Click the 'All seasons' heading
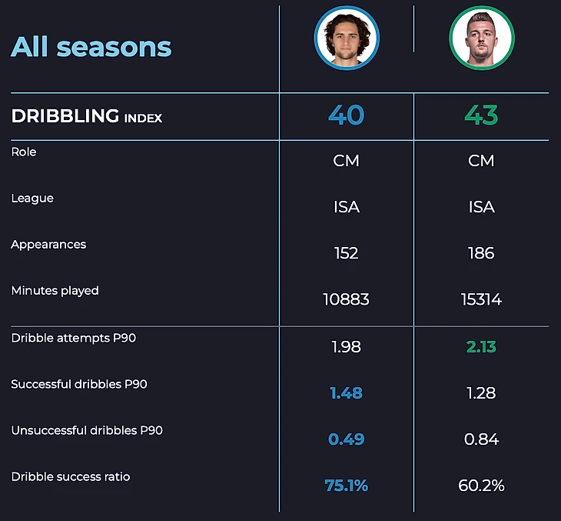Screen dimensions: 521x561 pos(91,47)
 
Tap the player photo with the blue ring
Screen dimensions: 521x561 pos(347,38)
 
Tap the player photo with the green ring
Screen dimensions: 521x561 pos(481,38)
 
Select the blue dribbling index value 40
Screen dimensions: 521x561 pos(346,115)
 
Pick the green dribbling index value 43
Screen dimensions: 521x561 pos(481,115)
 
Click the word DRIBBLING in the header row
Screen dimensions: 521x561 pos(65,116)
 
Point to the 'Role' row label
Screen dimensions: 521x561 pos(24,152)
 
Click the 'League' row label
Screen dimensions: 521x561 pos(32,199)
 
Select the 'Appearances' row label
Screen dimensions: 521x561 pos(48,245)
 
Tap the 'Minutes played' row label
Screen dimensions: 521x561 pos(55,291)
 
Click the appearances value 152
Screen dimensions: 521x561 pos(346,253)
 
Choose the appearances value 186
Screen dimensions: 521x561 pos(481,253)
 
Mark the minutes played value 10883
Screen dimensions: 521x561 pos(346,299)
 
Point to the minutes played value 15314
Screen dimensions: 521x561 pos(481,299)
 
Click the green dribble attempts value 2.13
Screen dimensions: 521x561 pos(481,347)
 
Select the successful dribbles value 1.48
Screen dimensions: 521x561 pos(346,393)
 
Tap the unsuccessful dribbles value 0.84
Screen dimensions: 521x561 pos(481,439)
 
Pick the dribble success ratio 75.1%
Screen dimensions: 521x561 pos(346,486)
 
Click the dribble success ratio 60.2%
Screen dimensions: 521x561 pos(481,486)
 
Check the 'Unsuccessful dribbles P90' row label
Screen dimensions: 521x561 pos(87,430)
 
